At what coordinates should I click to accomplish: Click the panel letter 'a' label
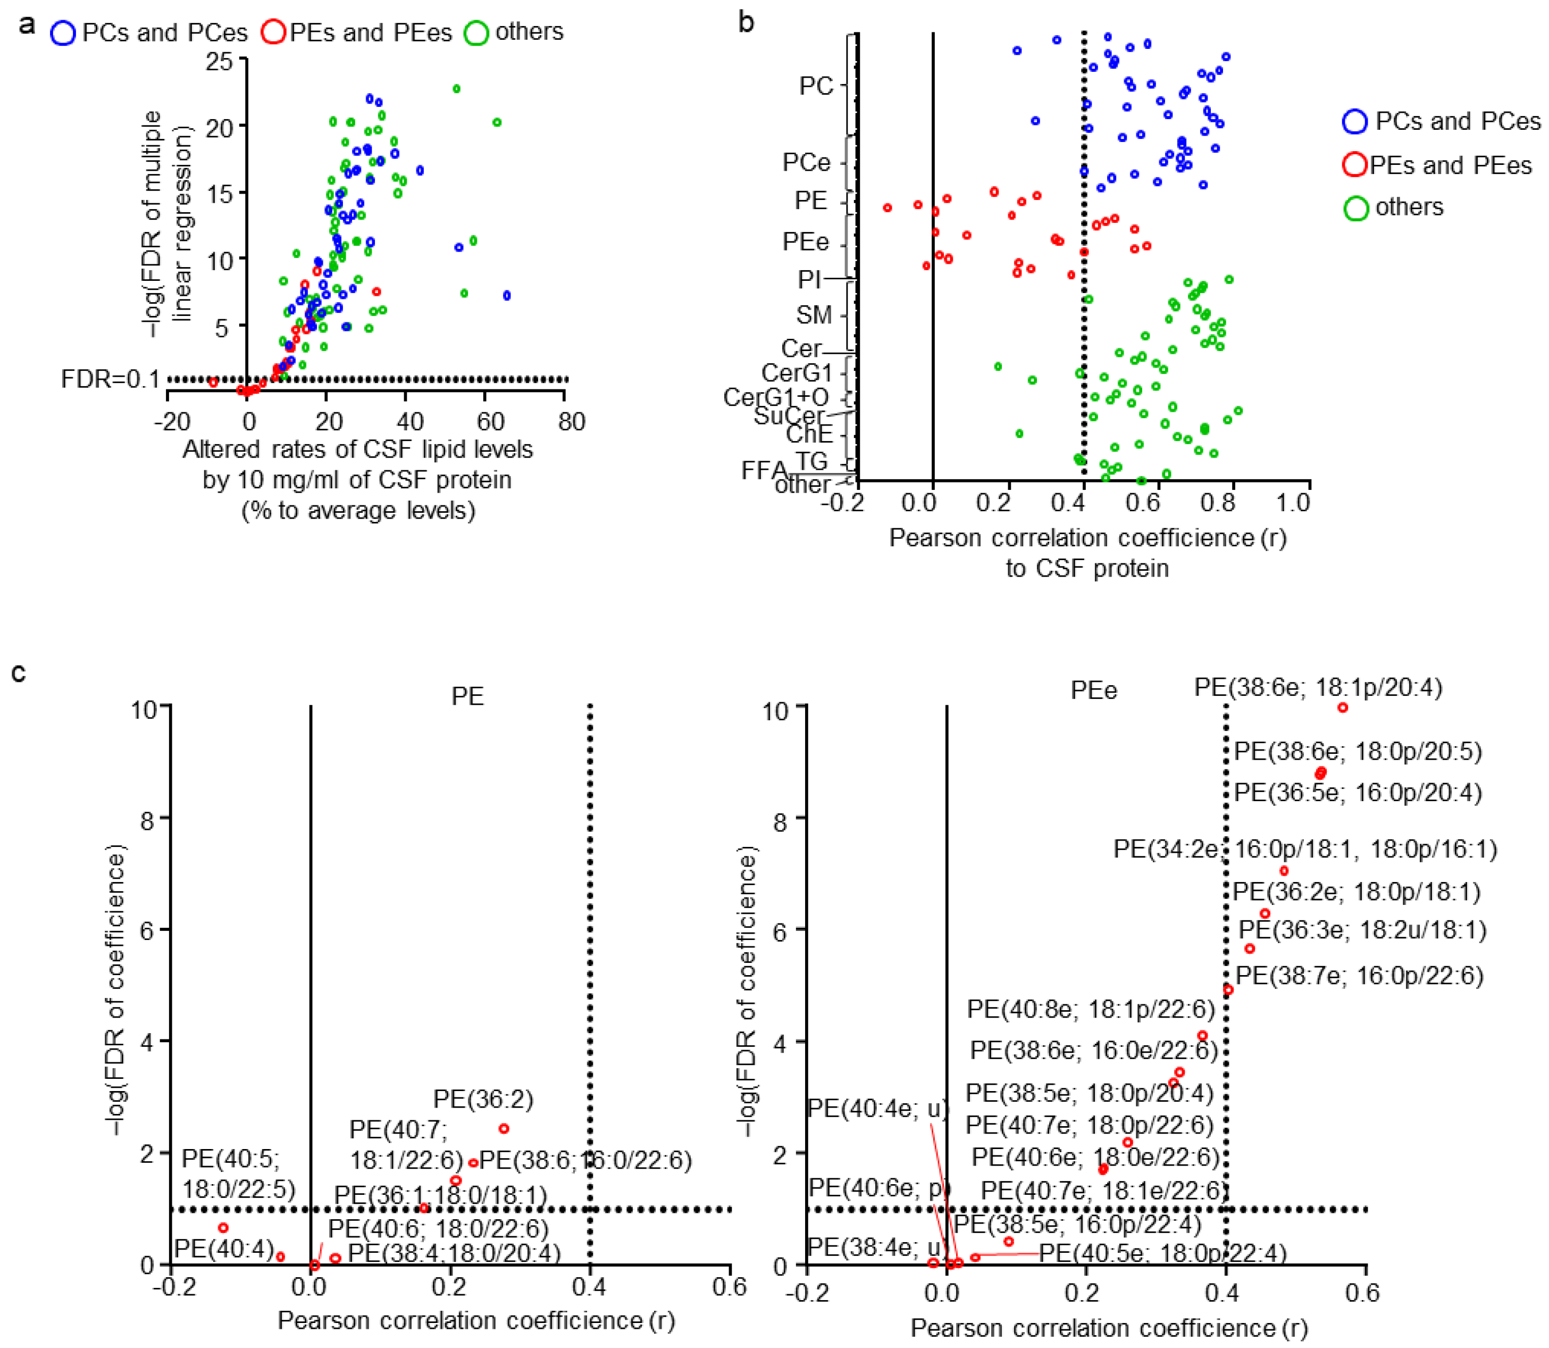coord(27,25)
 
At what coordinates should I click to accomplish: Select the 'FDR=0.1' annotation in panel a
coord(110,379)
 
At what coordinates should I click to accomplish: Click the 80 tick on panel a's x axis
coord(572,422)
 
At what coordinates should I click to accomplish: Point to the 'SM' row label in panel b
coord(814,314)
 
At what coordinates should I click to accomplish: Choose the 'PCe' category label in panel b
coord(806,162)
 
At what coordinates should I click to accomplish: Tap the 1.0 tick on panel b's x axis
coord(1293,503)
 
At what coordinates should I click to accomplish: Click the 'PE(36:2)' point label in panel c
coord(483,1100)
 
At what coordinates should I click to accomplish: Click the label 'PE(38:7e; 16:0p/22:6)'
coord(1360,976)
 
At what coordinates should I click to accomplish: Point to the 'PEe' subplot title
coord(1093,690)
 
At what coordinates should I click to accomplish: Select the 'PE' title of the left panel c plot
coord(467,696)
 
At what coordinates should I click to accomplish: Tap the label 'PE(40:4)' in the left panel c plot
coord(224,1249)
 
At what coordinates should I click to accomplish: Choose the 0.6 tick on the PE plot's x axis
coord(729,1288)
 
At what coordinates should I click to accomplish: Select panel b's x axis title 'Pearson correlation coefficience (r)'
coord(1087,538)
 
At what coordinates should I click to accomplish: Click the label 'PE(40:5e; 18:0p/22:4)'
coord(1162,1253)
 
